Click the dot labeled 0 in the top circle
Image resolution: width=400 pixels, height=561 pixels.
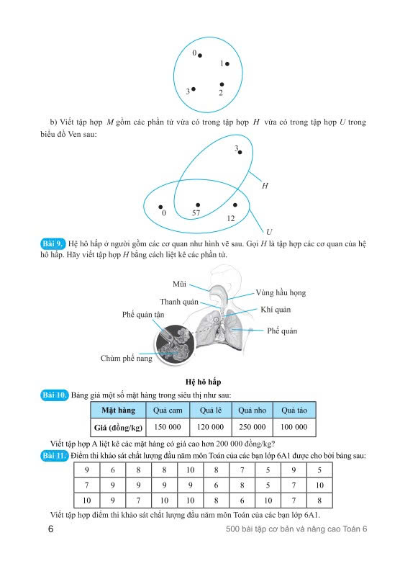click(200, 55)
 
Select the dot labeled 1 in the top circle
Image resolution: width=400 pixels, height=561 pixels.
click(227, 63)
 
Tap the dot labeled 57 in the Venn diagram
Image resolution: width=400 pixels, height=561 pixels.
click(198, 205)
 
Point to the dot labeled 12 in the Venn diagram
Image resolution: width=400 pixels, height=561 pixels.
click(235, 205)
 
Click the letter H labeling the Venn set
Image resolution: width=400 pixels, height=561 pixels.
click(265, 186)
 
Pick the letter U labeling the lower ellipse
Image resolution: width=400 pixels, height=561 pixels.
click(269, 232)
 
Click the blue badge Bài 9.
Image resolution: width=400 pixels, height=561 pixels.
click(53, 244)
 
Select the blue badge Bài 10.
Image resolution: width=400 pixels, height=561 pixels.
click(55, 395)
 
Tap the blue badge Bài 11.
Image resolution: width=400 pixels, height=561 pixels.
click(55, 456)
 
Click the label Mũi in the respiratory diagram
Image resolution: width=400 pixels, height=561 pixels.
click(179, 284)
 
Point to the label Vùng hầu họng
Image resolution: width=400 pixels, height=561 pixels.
click(281, 292)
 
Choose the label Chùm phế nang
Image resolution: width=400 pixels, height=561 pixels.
click(126, 358)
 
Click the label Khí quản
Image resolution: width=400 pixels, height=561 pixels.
click(276, 310)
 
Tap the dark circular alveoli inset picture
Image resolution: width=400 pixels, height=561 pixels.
click(175, 344)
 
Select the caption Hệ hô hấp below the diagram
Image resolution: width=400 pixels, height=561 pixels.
click(203, 382)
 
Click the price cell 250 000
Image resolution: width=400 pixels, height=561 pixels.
click(253, 427)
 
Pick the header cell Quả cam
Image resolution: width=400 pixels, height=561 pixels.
click(168, 410)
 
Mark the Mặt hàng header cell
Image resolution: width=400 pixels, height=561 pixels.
click(118, 410)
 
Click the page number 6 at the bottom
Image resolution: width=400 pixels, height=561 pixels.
click(51, 529)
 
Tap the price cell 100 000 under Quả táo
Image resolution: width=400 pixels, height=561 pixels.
click(294, 427)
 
